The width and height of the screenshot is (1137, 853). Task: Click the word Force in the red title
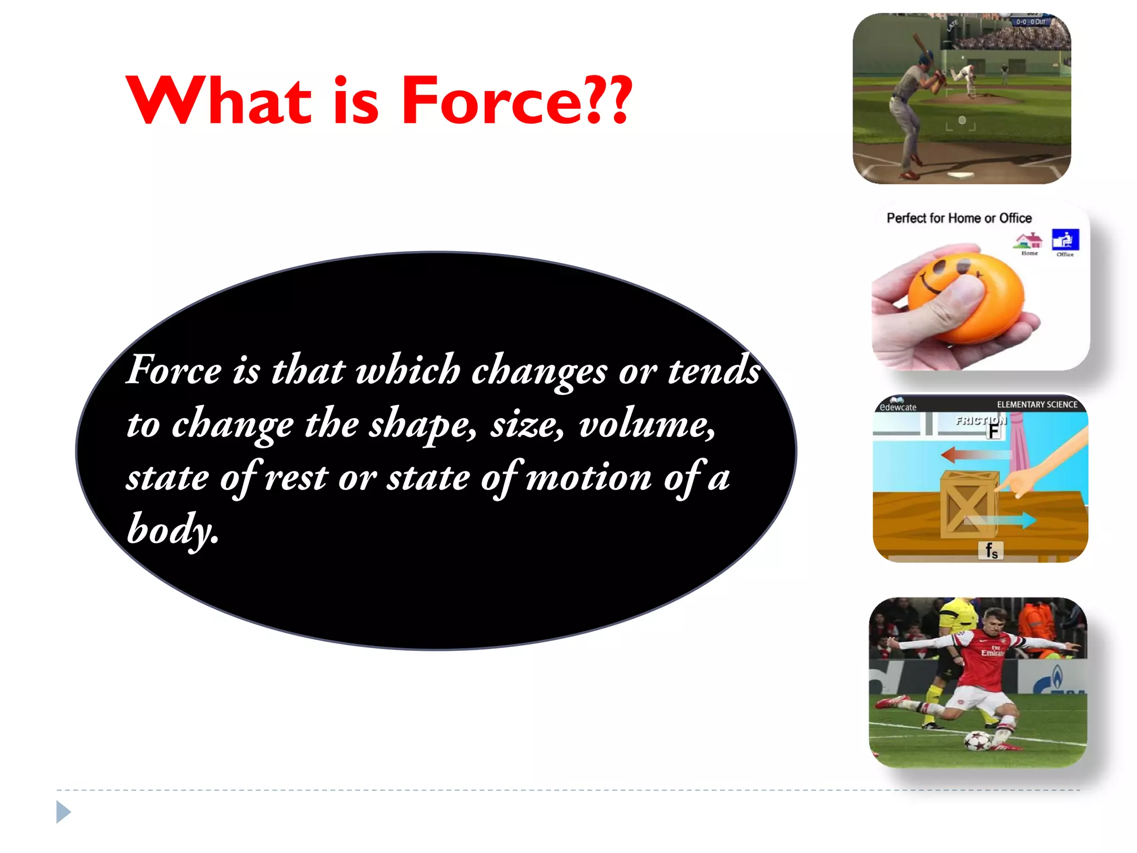(491, 101)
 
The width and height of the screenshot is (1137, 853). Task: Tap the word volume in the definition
(646, 425)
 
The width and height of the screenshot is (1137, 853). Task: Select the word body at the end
(172, 529)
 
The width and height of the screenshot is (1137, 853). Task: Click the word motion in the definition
(588, 478)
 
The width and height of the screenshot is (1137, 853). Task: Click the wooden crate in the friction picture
(969, 504)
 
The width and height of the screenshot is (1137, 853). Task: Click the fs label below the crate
(991, 550)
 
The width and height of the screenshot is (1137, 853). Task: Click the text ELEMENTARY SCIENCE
(1037, 404)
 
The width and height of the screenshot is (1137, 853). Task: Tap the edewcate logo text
(898, 407)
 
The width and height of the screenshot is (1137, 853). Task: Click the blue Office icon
(1065, 240)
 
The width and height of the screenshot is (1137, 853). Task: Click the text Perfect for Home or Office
(959, 218)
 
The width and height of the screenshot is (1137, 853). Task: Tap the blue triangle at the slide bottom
(63, 812)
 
